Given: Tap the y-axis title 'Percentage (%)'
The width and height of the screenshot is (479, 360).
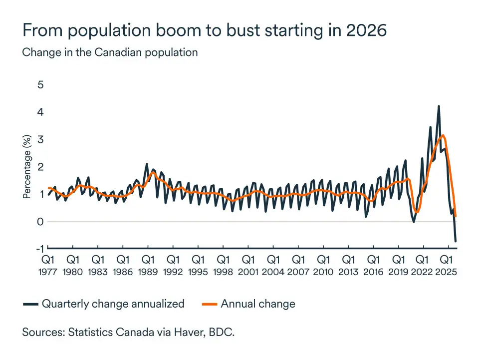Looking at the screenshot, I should point(27,167).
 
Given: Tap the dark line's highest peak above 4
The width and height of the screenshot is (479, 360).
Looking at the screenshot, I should point(439,106).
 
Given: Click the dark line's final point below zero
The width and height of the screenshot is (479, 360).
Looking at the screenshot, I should point(456,241).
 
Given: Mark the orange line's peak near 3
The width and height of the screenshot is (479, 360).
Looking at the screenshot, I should point(443,135).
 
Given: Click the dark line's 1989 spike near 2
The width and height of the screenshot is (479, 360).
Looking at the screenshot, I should point(147,164).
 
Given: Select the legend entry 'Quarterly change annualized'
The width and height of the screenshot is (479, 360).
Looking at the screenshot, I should point(113,304).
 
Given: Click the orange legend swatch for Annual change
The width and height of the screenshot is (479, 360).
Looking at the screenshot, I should point(209,304).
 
